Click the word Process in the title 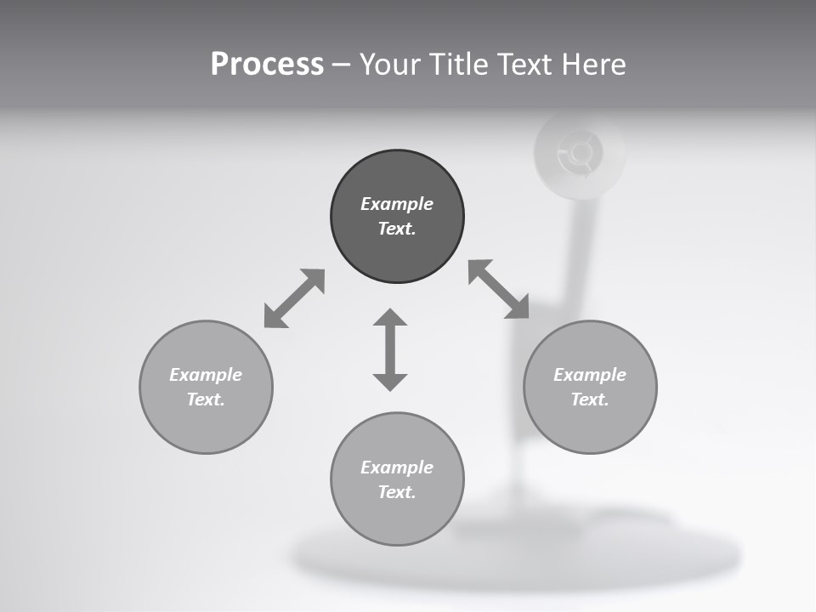pyautogui.click(x=267, y=65)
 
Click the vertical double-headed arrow pyautogui.click(x=390, y=350)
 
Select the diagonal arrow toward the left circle pyautogui.click(x=294, y=298)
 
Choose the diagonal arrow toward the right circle pyautogui.click(x=499, y=289)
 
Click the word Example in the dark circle pyautogui.click(x=397, y=204)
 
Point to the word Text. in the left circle pyautogui.click(x=206, y=399)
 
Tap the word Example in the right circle pyautogui.click(x=590, y=375)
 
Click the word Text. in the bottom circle pyautogui.click(x=397, y=492)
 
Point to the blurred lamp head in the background pyautogui.click(x=580, y=153)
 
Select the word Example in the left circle pyautogui.click(x=206, y=375)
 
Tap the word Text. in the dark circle pyautogui.click(x=397, y=229)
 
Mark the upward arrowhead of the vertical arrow pyautogui.click(x=390, y=318)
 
